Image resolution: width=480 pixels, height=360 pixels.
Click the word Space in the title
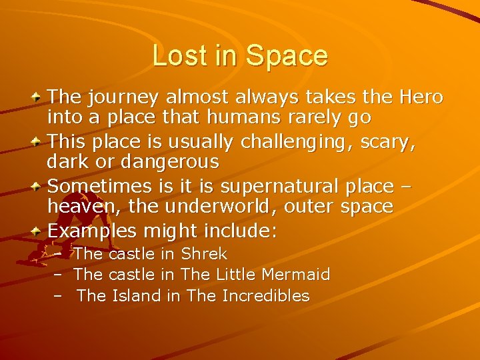click(x=287, y=56)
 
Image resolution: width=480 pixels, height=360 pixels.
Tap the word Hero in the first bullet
click(x=421, y=97)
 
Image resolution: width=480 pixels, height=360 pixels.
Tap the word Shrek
click(x=204, y=254)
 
